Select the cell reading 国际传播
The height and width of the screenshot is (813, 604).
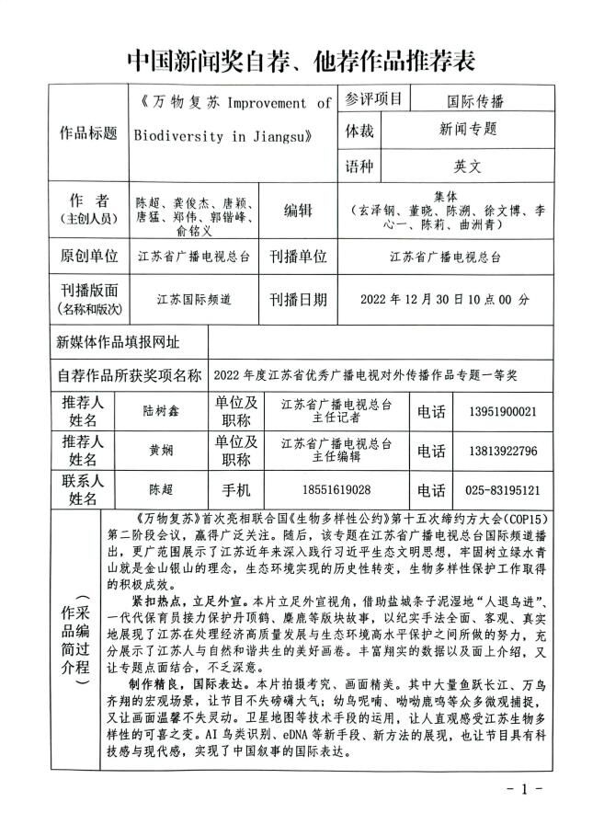[475, 101]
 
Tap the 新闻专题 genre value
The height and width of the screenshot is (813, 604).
[468, 132]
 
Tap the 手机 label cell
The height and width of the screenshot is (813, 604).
[235, 490]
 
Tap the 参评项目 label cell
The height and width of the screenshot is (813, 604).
[374, 100]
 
